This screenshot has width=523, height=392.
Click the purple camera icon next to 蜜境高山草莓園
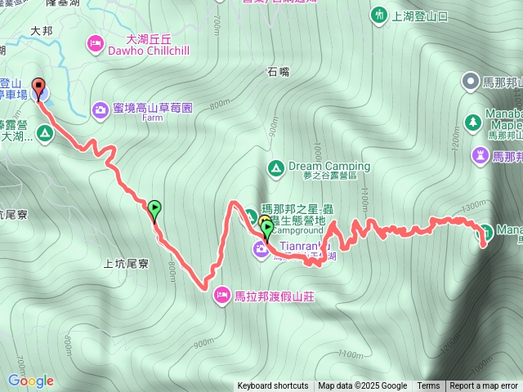[x=101, y=108]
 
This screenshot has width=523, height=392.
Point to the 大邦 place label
[x=41, y=30]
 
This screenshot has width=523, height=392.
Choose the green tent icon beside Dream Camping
[x=275, y=167]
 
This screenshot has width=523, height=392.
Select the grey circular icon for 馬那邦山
[x=471, y=81]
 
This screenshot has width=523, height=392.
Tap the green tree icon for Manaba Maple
[x=472, y=122]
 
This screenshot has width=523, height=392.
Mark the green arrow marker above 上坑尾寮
[x=154, y=210]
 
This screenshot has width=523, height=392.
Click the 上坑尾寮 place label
[x=126, y=264]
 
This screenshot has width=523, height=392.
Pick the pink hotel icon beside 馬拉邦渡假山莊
[x=222, y=295]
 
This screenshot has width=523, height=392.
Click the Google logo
[x=30, y=381]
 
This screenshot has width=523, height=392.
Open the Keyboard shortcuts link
[x=273, y=386]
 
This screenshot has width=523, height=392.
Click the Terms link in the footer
[x=428, y=386]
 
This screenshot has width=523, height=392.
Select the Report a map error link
[x=484, y=386]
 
